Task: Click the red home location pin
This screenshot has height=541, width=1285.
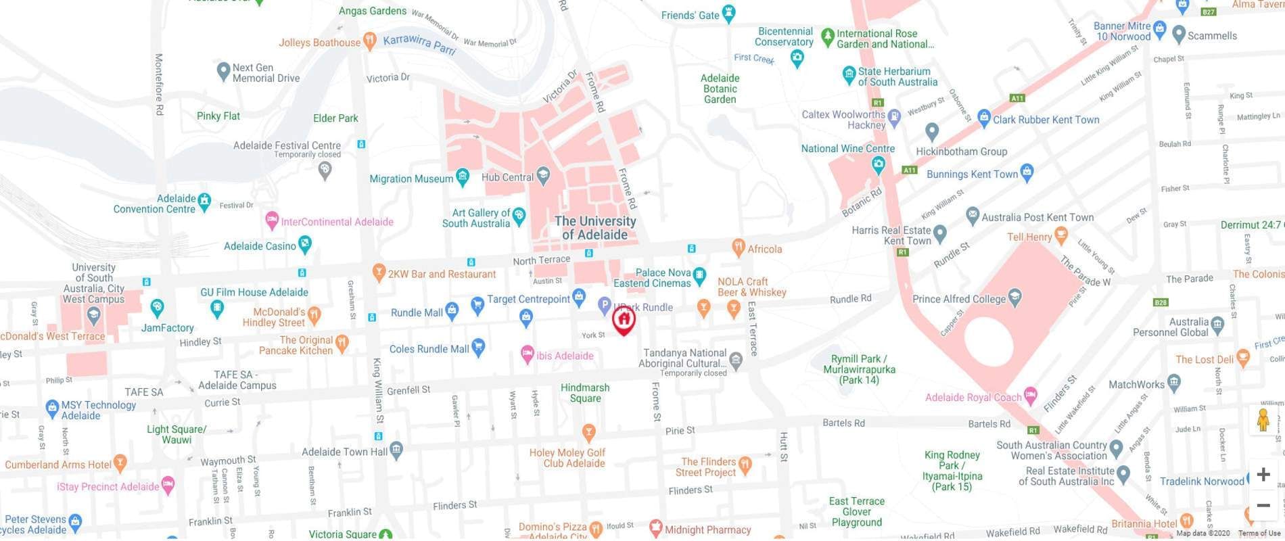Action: [624, 319]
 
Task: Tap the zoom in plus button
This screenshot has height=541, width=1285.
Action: [1263, 475]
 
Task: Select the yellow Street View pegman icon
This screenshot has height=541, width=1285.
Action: [1263, 421]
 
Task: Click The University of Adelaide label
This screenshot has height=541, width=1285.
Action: [595, 228]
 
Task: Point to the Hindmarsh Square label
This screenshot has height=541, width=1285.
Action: [585, 393]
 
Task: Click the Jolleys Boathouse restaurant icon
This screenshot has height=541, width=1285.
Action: [369, 41]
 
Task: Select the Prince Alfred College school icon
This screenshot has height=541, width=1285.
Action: [1014, 298]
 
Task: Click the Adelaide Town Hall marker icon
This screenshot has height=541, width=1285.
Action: [396, 449]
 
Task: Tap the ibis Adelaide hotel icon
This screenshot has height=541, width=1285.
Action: [528, 354]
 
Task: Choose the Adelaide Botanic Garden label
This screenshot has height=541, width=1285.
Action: [720, 89]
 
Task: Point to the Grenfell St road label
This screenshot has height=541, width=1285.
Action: [408, 390]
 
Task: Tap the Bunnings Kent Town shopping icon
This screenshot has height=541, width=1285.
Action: [1027, 172]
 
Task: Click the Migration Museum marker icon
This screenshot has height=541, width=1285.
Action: [463, 178]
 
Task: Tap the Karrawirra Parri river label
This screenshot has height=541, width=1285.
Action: [419, 44]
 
